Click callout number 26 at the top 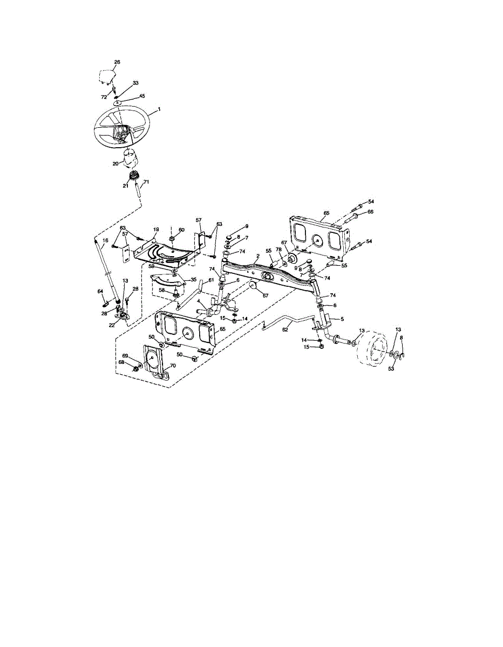pyautogui.click(x=117, y=63)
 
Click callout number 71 pyautogui.click(x=146, y=182)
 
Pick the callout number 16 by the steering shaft pyautogui.click(x=105, y=240)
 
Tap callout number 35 pyautogui.click(x=193, y=280)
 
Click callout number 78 pyautogui.click(x=279, y=250)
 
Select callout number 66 pyautogui.click(x=370, y=212)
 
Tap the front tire pyautogui.click(x=372, y=351)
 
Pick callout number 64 pyautogui.click(x=100, y=292)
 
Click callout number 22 pyautogui.click(x=112, y=325)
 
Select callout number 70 pyautogui.click(x=172, y=366)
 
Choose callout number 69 pyautogui.click(x=125, y=356)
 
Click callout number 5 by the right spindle pyautogui.click(x=341, y=319)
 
